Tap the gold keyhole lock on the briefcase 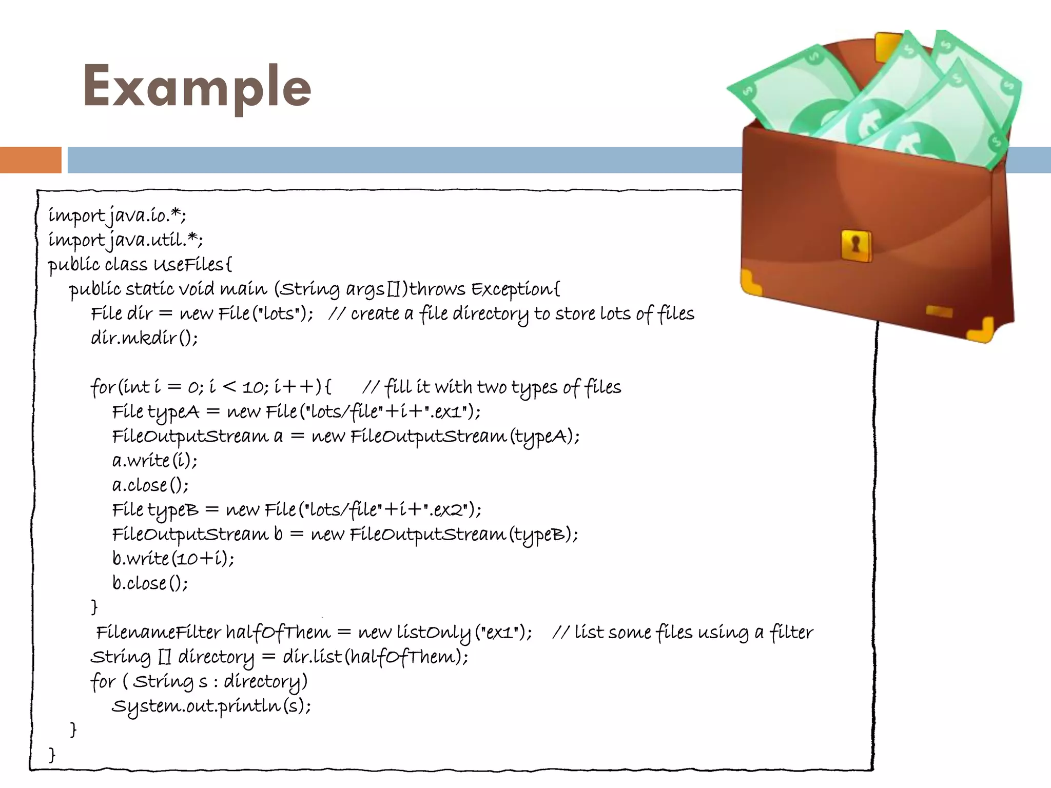[855, 246]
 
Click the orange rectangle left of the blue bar [30, 160]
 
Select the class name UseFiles [190, 265]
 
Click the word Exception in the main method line [513, 289]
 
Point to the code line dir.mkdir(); [144, 338]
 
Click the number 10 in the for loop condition [252, 387]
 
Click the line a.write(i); [154, 461]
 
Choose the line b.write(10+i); [173, 559]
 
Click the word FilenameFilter [159, 632]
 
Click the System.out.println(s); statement [211, 706]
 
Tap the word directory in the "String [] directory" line [216, 657]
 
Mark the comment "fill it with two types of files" [492, 387]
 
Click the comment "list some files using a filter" [683, 633]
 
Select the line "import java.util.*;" [125, 240]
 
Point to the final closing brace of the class [52, 755]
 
